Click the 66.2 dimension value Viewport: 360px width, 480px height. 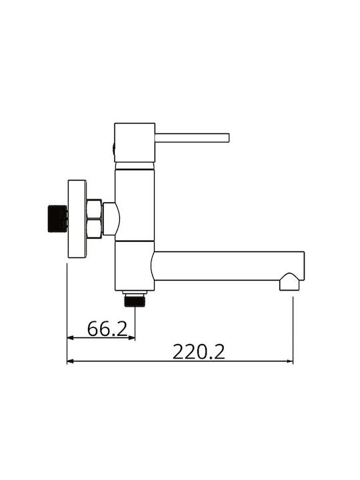107,329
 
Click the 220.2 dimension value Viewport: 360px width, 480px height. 199,352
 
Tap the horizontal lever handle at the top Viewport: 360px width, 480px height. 192,138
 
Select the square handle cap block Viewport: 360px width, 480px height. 135,143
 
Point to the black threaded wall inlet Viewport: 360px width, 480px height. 57,219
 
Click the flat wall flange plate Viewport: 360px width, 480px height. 77,219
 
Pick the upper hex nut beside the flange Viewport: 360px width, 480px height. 94,209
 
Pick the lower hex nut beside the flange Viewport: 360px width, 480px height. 94,229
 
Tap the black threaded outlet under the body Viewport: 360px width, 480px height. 135,301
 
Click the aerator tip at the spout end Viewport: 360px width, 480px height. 289,282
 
